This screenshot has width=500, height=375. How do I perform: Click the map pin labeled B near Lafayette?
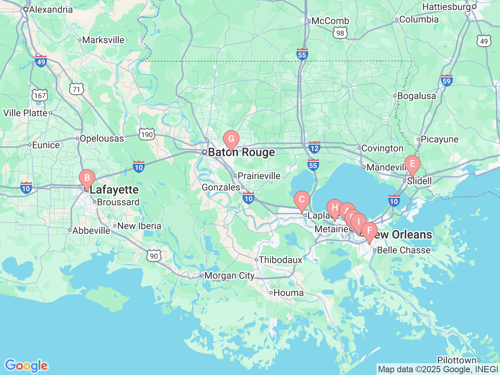click(87, 179)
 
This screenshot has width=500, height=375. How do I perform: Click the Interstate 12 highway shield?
click(314, 148)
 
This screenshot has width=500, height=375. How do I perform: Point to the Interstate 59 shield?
click(446, 80)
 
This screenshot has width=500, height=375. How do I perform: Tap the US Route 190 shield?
click(147, 135)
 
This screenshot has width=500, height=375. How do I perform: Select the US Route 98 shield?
click(340, 33)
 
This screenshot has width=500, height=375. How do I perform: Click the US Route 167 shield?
click(40, 95)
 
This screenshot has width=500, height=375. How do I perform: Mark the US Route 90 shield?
click(154, 256)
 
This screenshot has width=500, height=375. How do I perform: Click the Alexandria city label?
click(51, 9)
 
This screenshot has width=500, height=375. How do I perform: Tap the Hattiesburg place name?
click(446, 7)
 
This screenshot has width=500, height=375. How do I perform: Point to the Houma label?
click(288, 293)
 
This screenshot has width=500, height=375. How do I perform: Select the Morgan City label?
click(229, 276)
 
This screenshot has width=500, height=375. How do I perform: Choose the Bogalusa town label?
click(416, 96)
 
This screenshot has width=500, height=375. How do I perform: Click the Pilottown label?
click(457, 360)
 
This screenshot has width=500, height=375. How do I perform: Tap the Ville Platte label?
click(25, 113)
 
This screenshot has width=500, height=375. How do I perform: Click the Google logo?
click(26, 366)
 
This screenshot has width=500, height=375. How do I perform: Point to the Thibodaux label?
click(280, 260)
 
